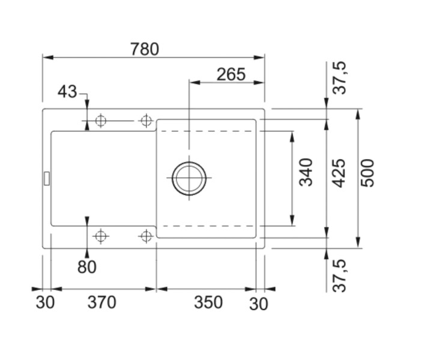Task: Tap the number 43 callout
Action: coord(68,92)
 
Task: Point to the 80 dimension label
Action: coord(87,267)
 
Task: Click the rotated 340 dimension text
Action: coord(307,172)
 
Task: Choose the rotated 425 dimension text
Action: coord(339,173)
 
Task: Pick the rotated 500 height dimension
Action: coord(368,173)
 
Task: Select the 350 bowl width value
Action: coord(208,302)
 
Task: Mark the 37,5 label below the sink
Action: coord(341,274)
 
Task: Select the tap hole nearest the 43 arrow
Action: coord(100,121)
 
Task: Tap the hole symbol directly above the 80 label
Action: coord(100,236)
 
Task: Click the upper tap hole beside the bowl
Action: coord(145,121)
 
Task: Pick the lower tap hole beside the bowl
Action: coord(145,236)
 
